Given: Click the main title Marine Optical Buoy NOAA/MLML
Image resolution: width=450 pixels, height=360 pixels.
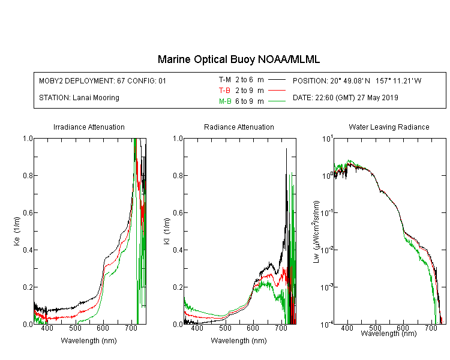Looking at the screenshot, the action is coord(238,59).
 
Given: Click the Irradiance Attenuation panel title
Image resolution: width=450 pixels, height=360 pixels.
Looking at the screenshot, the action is coord(89,127).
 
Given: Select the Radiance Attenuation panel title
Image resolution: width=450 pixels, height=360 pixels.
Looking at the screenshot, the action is coord(239,127).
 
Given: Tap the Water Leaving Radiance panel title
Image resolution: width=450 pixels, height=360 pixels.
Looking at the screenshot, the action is coord(389,127).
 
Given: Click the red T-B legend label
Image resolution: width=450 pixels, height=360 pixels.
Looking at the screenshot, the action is coord(224,91).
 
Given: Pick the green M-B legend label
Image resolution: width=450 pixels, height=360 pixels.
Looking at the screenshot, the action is coord(225,101).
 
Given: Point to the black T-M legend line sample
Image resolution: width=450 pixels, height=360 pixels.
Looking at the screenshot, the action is coord(277,80).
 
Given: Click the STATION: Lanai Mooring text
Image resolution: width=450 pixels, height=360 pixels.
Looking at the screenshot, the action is coord(79,98).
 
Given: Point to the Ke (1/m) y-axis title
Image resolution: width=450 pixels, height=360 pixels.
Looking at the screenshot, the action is coord(17,231).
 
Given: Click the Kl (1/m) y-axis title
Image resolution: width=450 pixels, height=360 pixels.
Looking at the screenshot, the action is coord(167,231).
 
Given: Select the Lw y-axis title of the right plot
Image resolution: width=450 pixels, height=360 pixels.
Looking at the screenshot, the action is coord(316,232).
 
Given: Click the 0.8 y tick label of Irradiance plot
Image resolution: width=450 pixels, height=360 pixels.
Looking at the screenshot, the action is coord(28,175).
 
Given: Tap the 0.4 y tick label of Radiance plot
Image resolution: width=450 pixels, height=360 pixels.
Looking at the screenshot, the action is coord(178,250).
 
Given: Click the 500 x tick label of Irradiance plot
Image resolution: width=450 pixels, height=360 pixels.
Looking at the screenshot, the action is coord(75,328).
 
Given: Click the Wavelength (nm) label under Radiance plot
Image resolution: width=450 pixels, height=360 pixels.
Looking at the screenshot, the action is coord(239,341).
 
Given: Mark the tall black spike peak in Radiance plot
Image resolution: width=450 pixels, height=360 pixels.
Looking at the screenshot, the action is coord(286,149).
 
